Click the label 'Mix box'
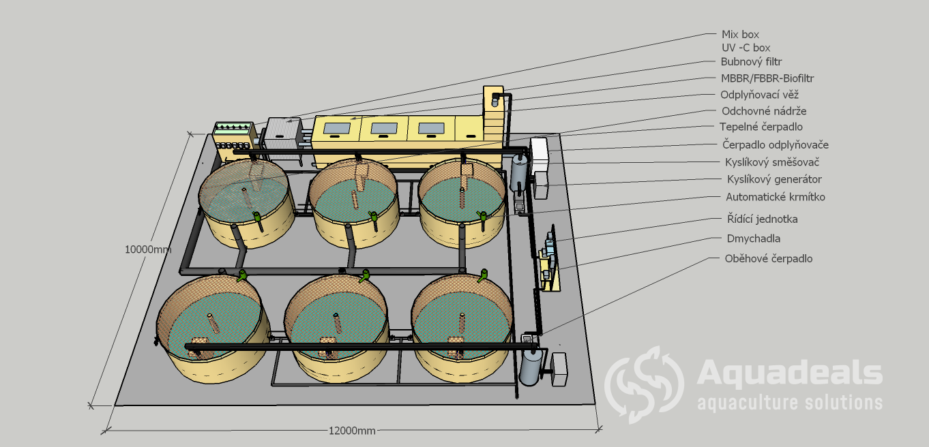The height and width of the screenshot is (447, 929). pos(740,34)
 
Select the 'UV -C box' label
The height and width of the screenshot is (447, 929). pos(746,48)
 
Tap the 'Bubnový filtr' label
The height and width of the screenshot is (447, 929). pos(751,62)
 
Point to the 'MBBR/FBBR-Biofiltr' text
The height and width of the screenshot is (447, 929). pos(767,78)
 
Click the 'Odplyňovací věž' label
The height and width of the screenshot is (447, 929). pos(759,95)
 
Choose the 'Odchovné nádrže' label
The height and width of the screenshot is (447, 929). pos(764,111)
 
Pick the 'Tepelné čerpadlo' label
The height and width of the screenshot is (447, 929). pos(761,127)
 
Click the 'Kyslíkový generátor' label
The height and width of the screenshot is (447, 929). pos(774,179)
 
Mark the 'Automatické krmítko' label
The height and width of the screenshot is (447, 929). pos(775,197)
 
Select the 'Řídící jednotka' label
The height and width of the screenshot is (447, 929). pos(763,219)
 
